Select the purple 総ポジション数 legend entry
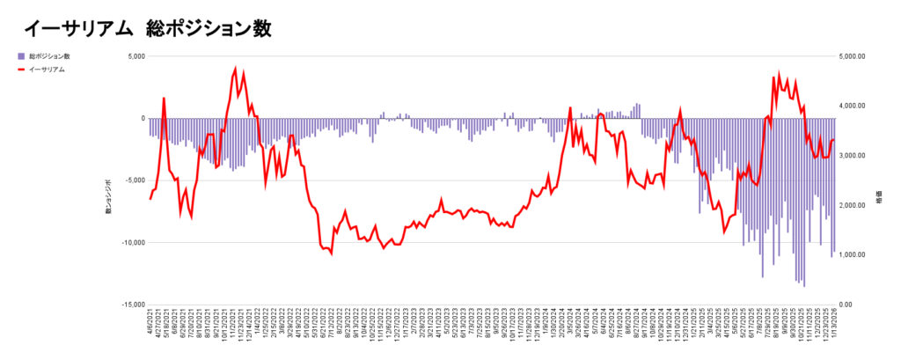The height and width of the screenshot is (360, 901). [x=48, y=56]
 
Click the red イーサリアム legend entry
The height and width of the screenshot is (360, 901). [x=46, y=69]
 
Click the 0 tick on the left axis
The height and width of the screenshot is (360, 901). [x=142, y=118]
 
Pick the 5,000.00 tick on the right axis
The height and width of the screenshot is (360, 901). [x=853, y=56]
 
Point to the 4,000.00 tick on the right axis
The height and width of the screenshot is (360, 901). [x=853, y=106]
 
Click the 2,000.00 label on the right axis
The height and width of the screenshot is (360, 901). [x=853, y=205]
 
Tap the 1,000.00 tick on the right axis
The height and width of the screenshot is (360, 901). [x=853, y=254]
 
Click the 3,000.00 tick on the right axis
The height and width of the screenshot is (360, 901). [x=853, y=156]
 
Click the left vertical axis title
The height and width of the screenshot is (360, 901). [x=108, y=195]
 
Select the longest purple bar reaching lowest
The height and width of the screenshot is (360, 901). [x=803, y=286]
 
